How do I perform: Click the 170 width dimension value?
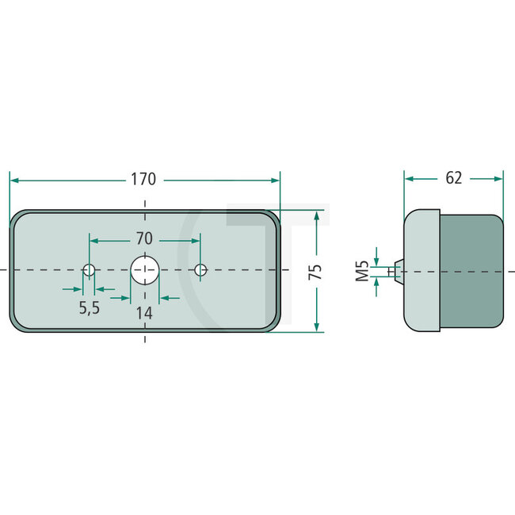tap(143, 179)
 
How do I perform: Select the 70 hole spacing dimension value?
tap(144, 238)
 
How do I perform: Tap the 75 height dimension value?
tap(316, 271)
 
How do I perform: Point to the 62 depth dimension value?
tap(453, 178)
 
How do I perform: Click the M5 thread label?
tap(362, 272)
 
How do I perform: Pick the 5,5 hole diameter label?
tap(90, 308)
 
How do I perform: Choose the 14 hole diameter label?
tap(143, 312)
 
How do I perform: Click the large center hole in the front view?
tap(144, 270)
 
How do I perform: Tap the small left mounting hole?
tap(90, 270)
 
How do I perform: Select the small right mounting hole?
tap(200, 270)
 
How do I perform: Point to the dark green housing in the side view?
tap(471, 270)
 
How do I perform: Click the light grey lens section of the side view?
tap(422, 270)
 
